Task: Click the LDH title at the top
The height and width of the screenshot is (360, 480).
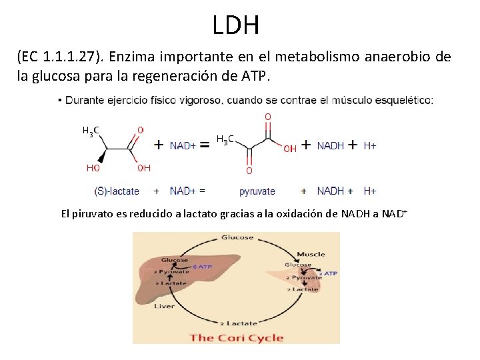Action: pyautogui.click(x=236, y=26)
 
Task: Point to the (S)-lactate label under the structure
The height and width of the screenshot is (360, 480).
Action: pyautogui.click(x=117, y=191)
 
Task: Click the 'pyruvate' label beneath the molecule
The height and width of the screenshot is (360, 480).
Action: pyautogui.click(x=257, y=191)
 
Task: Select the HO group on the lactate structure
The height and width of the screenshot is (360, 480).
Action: pyautogui.click(x=93, y=168)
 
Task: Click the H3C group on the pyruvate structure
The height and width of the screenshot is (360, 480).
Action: pyautogui.click(x=225, y=139)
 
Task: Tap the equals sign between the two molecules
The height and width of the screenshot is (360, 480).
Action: pyautogui.click(x=205, y=144)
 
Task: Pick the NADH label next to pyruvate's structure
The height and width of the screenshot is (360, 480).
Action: pyautogui.click(x=331, y=145)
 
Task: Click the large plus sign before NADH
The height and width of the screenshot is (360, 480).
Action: pyautogui.click(x=306, y=144)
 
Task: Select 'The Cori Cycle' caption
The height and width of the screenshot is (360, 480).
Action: pyautogui.click(x=237, y=337)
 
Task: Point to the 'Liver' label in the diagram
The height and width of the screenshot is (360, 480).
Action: pyautogui.click(x=164, y=306)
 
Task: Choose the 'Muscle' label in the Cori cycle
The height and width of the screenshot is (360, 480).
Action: pyautogui.click(x=311, y=254)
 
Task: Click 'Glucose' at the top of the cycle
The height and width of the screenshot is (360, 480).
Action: pyautogui.click(x=237, y=237)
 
